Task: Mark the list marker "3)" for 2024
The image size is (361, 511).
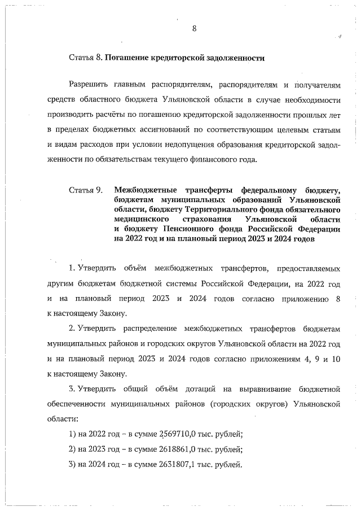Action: point(72,465)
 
